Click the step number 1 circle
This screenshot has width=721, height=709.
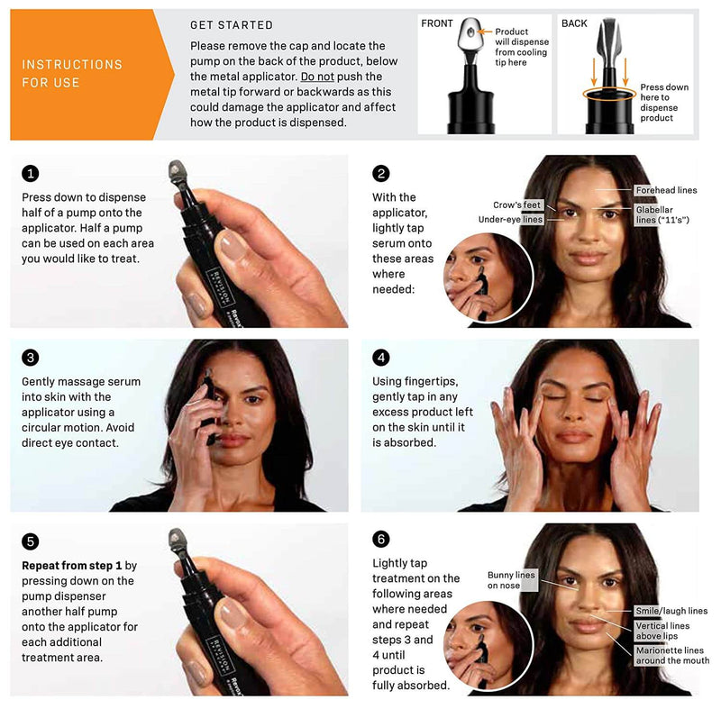30,174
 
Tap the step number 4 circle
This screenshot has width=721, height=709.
381,358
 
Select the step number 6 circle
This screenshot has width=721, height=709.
381,539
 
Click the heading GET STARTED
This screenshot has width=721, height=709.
232,25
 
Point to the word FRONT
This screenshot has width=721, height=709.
438,23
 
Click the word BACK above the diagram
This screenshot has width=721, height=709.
574,23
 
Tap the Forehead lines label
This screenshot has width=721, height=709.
665,190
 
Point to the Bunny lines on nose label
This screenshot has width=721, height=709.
512,580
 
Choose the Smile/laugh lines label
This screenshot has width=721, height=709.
671,611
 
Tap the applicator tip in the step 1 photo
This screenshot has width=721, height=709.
175,168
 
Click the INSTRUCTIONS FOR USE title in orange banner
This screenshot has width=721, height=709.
72,73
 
